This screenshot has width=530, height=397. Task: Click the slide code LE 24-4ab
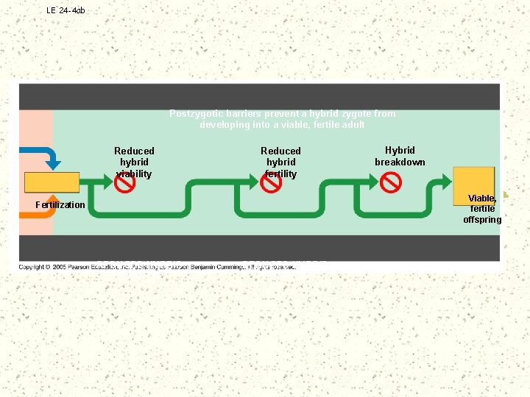tap(66, 10)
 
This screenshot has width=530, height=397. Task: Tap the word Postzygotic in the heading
tap(194, 114)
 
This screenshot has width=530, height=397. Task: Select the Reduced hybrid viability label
tap(134, 162)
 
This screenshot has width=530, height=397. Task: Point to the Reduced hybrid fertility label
tap(280, 162)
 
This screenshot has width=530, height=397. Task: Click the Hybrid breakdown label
tap(400, 156)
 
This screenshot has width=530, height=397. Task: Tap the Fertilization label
tap(60, 204)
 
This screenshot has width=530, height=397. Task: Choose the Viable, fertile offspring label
tap(482, 209)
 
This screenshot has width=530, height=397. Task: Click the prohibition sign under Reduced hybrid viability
tap(126, 182)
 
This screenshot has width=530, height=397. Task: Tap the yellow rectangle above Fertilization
tap(52, 182)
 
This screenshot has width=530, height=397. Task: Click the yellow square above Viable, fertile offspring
tap(473, 182)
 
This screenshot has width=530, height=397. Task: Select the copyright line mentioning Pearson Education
tap(158, 266)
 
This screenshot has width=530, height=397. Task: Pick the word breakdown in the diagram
tap(400, 162)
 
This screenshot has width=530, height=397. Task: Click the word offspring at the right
tap(482, 220)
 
